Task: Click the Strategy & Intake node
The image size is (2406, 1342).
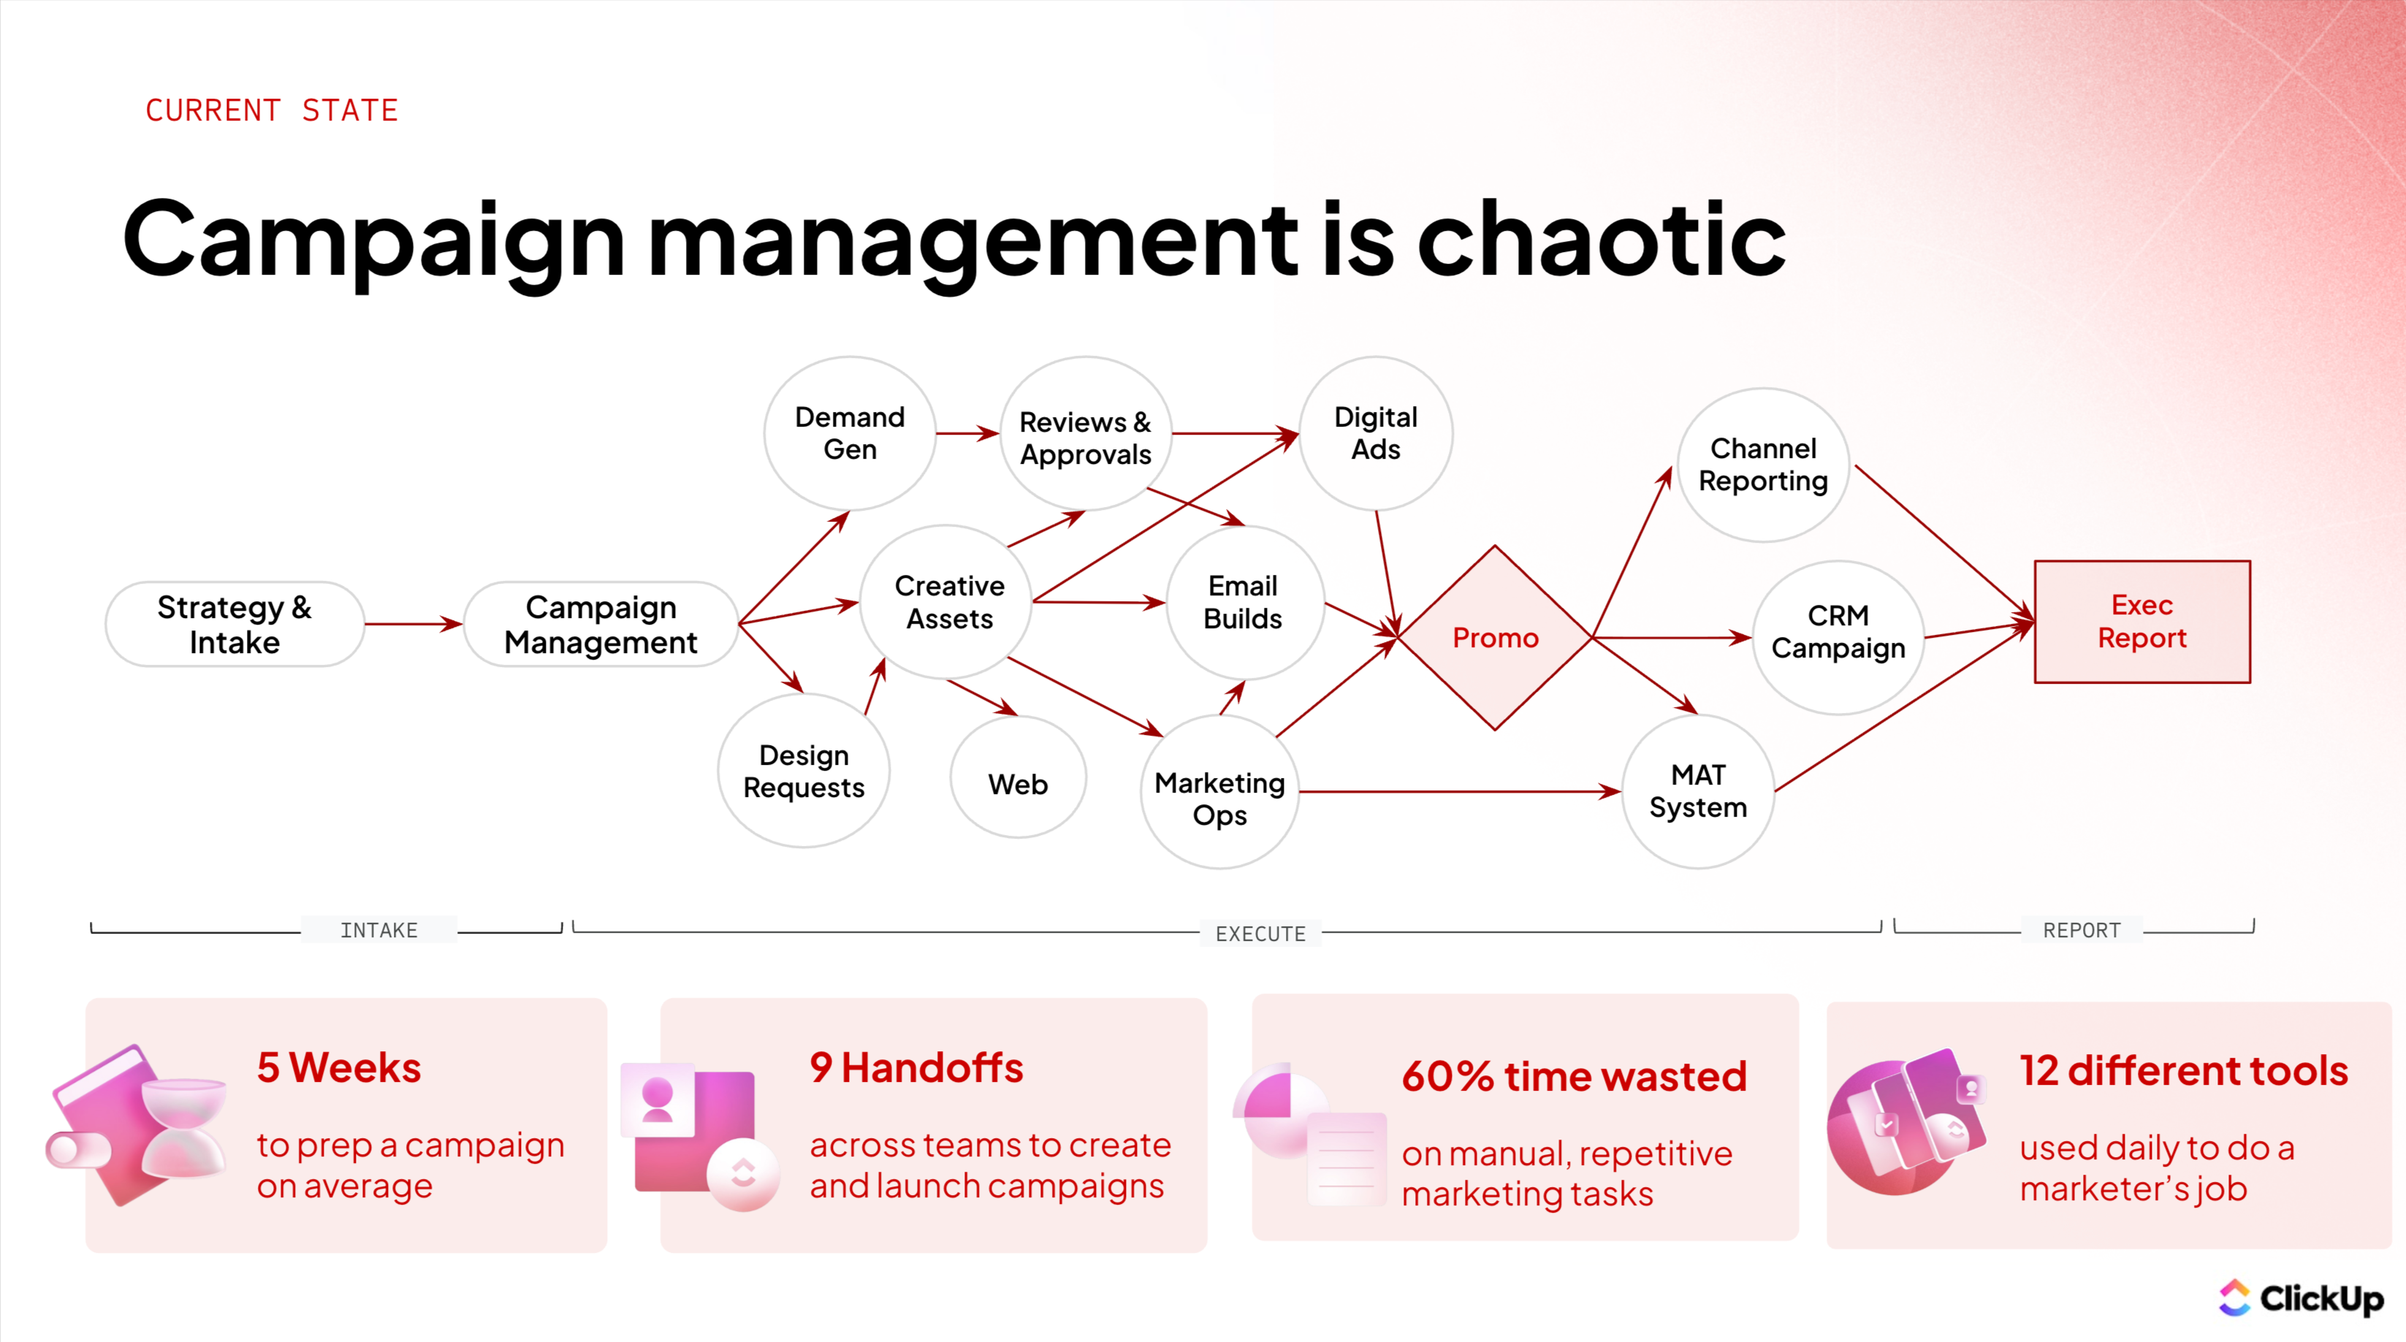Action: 235,624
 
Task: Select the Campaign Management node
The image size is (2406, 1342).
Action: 601,624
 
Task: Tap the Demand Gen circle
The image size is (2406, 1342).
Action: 849,433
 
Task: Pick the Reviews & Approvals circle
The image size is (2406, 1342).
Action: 1085,437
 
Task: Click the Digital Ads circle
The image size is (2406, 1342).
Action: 1375,433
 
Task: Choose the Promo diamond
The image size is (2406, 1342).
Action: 1494,638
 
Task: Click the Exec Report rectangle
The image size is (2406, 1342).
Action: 2141,622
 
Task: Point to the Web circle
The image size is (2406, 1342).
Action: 1017,782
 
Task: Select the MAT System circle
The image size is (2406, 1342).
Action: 1697,791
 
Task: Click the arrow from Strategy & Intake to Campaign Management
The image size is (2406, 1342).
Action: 413,624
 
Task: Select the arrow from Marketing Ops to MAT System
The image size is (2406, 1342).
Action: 1457,792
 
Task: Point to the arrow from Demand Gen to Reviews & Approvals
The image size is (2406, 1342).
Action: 967,433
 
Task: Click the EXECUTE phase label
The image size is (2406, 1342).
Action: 1260,933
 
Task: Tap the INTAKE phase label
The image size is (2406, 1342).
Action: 378,930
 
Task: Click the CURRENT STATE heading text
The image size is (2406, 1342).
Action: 272,110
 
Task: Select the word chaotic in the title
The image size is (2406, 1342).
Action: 1601,240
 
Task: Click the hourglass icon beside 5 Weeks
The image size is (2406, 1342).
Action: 184,1127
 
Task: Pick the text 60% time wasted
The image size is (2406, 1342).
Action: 1574,1076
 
